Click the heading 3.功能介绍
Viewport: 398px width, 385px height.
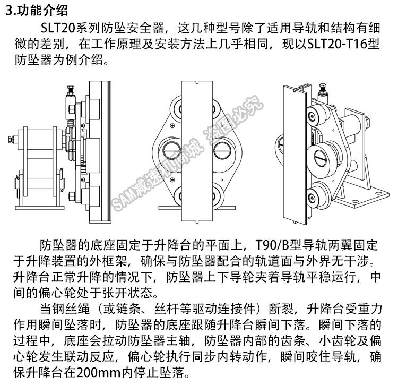37,10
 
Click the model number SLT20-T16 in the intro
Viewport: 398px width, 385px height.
337,44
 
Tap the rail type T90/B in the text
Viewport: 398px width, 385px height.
272,245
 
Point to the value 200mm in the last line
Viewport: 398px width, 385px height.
98,373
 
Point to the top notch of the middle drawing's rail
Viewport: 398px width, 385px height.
197,82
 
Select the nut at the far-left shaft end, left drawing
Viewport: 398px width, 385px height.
11,139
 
